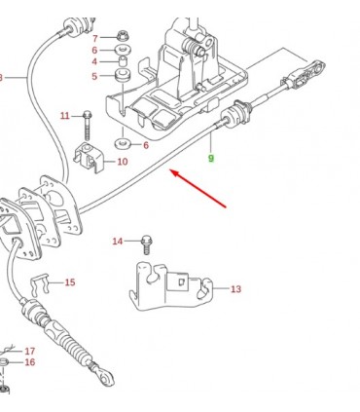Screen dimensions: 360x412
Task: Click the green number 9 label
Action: (x=211, y=159)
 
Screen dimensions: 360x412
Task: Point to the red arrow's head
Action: (x=174, y=172)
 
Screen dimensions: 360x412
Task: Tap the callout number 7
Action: (x=95, y=39)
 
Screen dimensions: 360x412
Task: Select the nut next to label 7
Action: (x=123, y=35)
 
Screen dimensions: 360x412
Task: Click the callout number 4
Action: (x=94, y=61)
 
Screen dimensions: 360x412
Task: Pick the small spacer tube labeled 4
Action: (x=123, y=60)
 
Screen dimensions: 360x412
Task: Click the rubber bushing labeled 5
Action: (x=123, y=76)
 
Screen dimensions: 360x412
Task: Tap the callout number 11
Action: (x=65, y=115)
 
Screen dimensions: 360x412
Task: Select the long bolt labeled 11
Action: (x=88, y=126)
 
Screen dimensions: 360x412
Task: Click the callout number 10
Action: (x=122, y=162)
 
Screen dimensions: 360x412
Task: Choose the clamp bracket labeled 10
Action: (x=90, y=158)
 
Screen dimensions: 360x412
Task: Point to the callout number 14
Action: (x=118, y=242)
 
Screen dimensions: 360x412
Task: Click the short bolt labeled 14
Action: (x=147, y=244)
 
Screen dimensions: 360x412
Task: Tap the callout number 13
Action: (x=235, y=288)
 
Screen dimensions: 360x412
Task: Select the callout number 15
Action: (x=70, y=282)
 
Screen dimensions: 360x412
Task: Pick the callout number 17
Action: (x=30, y=351)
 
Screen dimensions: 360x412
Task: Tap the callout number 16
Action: (x=30, y=362)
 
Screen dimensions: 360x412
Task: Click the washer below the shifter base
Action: (x=123, y=143)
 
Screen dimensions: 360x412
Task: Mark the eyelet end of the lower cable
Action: (x=106, y=378)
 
